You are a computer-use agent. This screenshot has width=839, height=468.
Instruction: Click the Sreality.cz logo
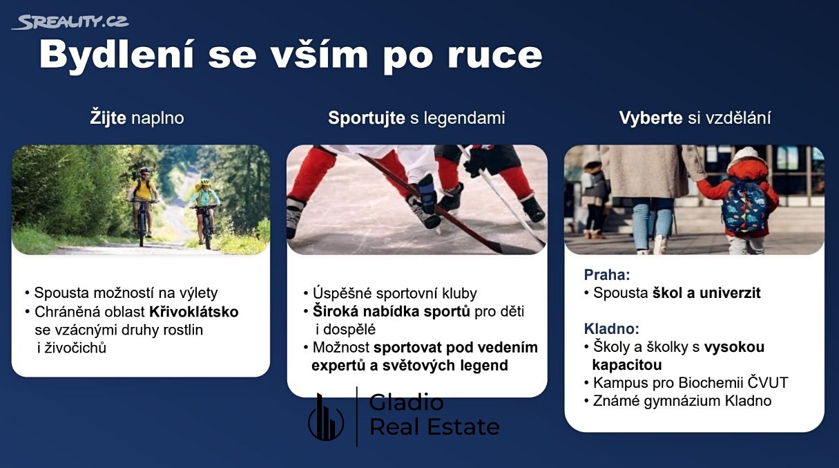[70, 22]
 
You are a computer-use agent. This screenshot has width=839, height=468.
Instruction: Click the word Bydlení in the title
[117, 55]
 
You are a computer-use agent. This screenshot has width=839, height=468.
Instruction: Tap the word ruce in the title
[495, 55]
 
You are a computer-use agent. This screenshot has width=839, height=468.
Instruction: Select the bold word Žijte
[108, 118]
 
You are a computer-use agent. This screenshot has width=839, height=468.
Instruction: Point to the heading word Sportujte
[367, 118]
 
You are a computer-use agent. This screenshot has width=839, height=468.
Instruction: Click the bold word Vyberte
[650, 118]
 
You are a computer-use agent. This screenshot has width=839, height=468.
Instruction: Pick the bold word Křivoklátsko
[194, 312]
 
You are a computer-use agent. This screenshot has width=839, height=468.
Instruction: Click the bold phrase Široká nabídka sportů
[392, 311]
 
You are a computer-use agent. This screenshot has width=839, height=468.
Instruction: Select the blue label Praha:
[607, 275]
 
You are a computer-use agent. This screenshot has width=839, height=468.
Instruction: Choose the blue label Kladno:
[611, 329]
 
